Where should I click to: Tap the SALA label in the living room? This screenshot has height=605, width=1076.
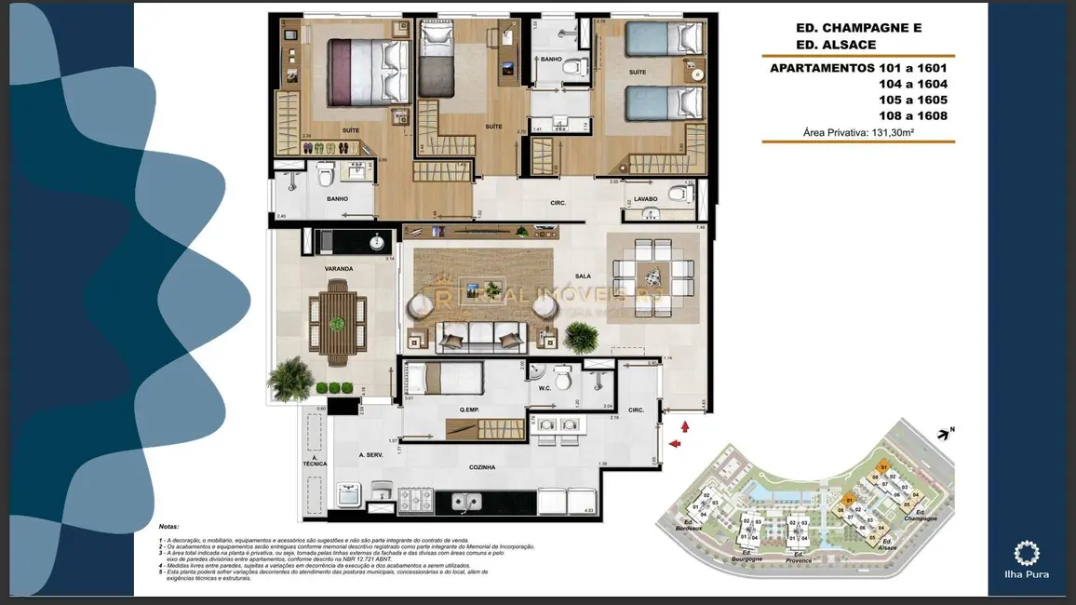(584, 276)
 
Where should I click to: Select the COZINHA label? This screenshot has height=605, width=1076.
(481, 467)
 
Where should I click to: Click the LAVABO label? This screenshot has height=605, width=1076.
(648, 198)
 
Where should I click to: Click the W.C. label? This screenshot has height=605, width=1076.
(545, 402)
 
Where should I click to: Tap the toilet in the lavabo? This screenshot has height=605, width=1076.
(683, 195)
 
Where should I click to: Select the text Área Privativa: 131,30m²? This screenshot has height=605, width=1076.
(857, 133)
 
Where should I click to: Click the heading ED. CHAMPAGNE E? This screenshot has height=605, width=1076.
(845, 28)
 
